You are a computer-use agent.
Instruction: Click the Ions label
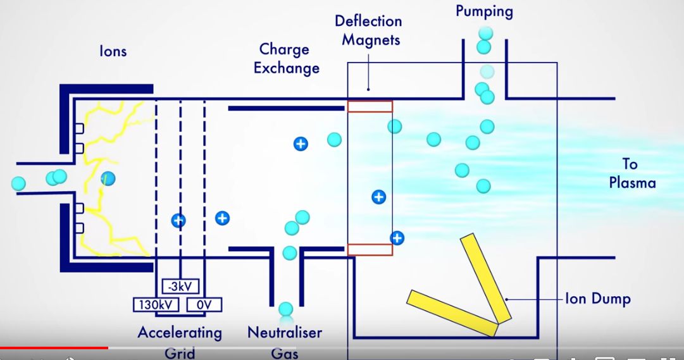(113, 51)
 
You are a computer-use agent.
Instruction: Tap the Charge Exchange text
(286, 58)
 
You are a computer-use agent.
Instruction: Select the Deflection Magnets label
(368, 30)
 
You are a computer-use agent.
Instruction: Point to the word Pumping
(484, 11)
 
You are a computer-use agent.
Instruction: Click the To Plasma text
(631, 173)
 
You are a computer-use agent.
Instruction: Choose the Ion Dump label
(597, 299)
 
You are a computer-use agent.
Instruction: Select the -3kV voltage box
(180, 287)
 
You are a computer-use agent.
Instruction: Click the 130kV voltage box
(156, 305)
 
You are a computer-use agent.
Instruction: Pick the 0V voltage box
(204, 305)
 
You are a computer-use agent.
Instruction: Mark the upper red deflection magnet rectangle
(370, 106)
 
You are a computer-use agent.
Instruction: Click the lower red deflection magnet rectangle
(370, 249)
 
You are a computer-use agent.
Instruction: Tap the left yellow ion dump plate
(452, 313)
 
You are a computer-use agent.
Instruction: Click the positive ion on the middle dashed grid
(179, 220)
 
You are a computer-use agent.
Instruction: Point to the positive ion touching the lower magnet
(397, 238)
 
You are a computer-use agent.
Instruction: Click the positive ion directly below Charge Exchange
(301, 144)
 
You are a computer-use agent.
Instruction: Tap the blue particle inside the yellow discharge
(108, 178)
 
